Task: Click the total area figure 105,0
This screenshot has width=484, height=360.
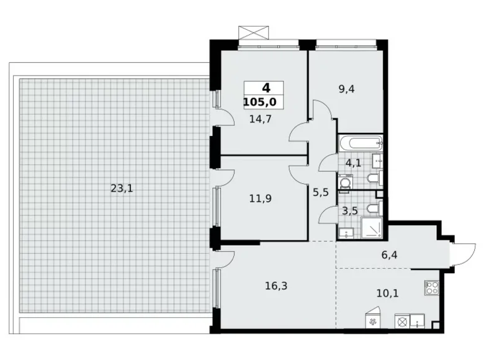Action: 264,101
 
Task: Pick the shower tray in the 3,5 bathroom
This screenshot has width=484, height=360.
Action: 372,229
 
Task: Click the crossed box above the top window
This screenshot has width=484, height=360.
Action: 254,32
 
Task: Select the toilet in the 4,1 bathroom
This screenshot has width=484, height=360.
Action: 373,179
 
